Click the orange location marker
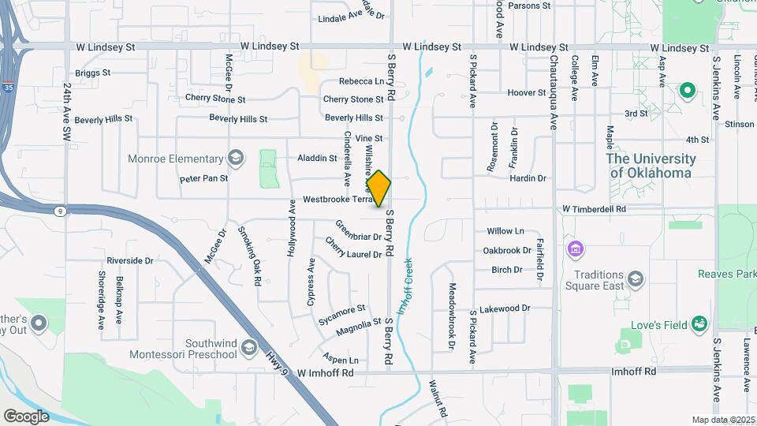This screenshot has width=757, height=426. [379, 188]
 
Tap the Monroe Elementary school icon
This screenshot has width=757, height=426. [235, 159]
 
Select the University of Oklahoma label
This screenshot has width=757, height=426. [651, 165]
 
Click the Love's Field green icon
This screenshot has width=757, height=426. [699, 323]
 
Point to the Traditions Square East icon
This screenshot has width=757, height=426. [636, 280]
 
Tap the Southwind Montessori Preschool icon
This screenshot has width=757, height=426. [249, 348]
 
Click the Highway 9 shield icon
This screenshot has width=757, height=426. [59, 211]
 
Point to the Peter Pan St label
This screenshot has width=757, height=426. [203, 178]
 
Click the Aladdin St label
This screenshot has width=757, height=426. [317, 158]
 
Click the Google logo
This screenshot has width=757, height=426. [26, 416]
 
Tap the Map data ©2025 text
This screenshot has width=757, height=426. [723, 420]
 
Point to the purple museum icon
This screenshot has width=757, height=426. [576, 250]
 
